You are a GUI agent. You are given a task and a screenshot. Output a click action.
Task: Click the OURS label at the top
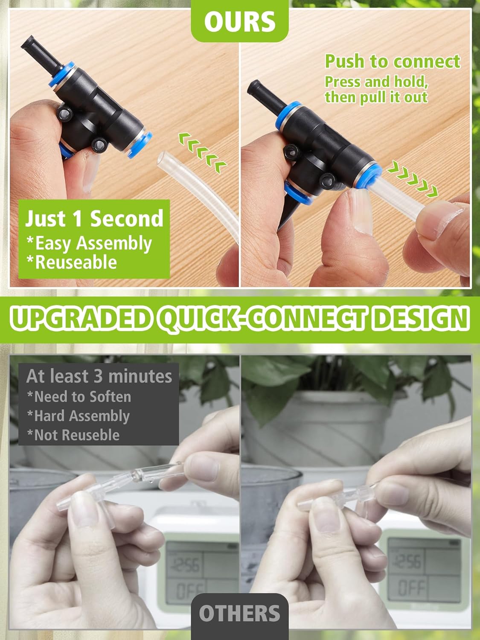coord(239,21)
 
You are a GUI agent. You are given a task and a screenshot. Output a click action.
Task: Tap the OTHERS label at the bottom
coord(239,614)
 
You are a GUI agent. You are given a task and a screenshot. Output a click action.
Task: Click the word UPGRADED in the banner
coord(81,318)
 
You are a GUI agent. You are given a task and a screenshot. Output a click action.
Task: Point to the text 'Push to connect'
coord(393,61)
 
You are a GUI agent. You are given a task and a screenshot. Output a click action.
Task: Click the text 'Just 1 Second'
coord(94,218)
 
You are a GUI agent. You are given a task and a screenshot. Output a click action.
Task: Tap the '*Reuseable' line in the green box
coord(72,262)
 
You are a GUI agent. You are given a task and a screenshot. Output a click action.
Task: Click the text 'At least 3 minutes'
coord(99,376)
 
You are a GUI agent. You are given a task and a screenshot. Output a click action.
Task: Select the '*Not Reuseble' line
coord(73,435)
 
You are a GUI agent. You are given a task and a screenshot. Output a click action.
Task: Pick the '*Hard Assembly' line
coord(78,416)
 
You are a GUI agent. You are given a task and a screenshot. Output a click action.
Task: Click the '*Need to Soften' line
coord(79,396)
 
